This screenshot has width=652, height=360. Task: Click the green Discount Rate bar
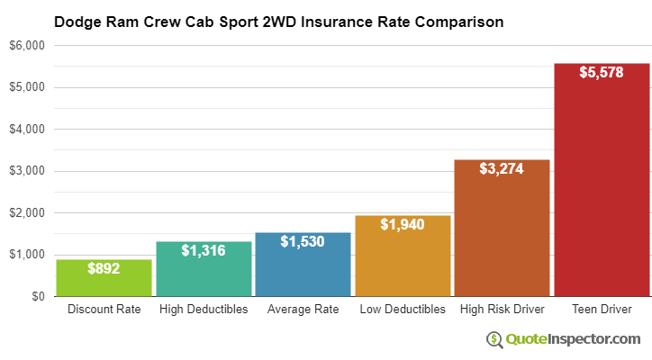click(104, 279)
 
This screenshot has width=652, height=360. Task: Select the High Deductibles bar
click(204, 270)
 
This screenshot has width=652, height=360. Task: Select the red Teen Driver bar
click(602, 180)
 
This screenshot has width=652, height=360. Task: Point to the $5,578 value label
click(602, 72)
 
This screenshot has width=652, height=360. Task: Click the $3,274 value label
click(502, 168)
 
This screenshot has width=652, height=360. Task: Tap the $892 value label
click(104, 267)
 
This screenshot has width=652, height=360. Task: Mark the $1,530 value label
click(303, 241)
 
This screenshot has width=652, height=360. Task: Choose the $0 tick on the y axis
click(38, 296)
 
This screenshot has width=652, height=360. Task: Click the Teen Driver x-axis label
click(602, 310)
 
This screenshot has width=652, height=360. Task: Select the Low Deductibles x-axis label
click(403, 310)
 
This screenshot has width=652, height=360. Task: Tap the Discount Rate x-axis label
click(104, 310)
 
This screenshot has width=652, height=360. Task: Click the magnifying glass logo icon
click(494, 339)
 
